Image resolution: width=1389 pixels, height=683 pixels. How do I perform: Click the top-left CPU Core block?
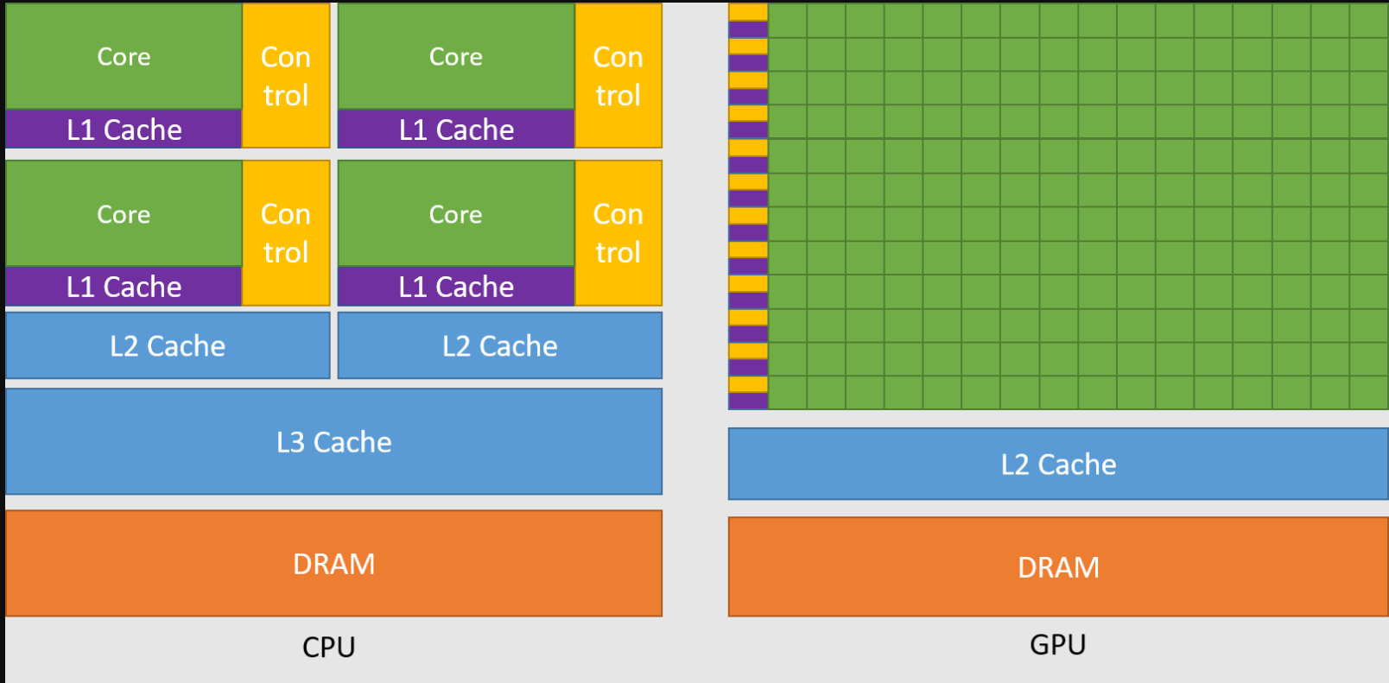124,56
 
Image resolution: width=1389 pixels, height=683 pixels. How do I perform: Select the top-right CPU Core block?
456,56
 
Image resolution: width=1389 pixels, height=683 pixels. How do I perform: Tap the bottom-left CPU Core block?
124,214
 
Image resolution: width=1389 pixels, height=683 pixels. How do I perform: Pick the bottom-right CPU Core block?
456,214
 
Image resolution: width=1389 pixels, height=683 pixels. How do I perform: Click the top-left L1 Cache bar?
124,130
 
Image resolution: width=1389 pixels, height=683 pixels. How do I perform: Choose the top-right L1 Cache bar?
456,130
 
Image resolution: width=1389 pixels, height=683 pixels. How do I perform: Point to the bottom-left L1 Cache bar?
124,287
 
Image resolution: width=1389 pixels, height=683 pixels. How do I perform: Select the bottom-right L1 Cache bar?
456,287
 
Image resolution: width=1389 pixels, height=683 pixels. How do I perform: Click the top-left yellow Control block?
286,76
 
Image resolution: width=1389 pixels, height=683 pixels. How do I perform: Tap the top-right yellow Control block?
618,76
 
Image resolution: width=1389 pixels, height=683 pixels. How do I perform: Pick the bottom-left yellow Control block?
286,233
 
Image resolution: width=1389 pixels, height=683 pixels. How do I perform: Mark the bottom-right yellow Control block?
618,233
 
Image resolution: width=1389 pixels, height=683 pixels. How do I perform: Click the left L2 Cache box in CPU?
168,345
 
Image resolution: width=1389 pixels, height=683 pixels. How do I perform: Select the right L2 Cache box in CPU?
500,345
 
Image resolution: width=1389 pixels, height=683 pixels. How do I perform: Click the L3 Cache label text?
333,442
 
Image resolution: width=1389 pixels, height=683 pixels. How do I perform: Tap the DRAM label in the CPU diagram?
333,564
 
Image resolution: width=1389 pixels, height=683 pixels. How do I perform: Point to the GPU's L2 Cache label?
1058,465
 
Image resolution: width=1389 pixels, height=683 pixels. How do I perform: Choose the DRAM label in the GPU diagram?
1058,567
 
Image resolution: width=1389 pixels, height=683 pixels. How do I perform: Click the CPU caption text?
328,647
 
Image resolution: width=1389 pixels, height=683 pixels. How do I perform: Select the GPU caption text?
1058,644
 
